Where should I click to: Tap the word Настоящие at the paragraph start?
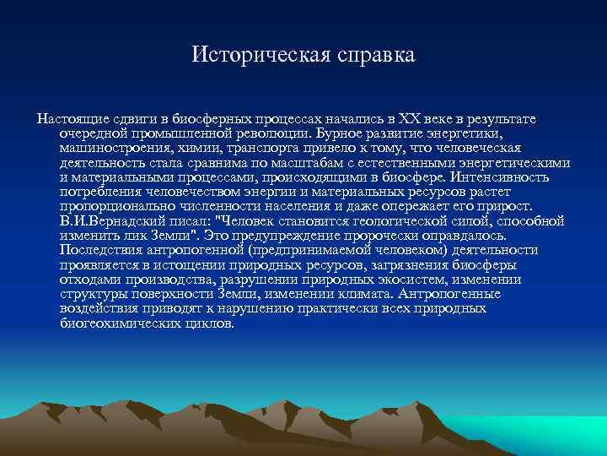(69, 117)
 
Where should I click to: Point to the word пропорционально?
(114, 206)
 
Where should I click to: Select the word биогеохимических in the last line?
(118, 323)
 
